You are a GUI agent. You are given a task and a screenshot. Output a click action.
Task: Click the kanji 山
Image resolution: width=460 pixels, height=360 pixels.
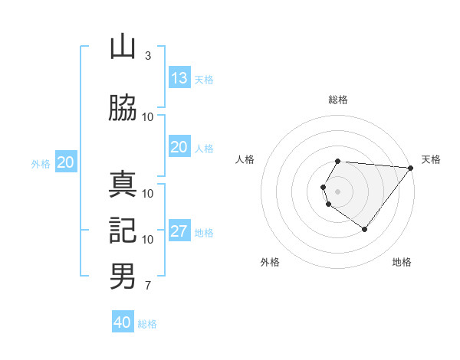click(123, 47)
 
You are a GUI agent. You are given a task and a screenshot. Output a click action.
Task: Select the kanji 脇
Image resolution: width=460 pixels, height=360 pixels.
click(123, 107)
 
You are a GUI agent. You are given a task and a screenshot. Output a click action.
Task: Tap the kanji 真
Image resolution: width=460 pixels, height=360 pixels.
click(123, 184)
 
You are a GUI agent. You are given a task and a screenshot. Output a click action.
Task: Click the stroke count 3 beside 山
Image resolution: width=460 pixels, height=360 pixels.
click(147, 56)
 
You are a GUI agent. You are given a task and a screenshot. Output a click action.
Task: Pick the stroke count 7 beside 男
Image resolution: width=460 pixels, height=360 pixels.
click(147, 286)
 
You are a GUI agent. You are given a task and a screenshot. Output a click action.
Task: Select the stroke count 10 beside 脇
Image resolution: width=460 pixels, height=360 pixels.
click(147, 116)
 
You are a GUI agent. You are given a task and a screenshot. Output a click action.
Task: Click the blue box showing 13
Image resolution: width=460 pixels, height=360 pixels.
click(179, 78)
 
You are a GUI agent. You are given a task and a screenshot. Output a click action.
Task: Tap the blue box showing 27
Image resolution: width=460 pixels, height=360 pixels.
click(179, 231)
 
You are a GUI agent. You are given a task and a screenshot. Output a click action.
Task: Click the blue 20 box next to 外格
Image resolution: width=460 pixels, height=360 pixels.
click(66, 162)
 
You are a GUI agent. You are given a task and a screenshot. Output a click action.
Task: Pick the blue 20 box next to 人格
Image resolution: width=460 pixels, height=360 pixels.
click(179, 147)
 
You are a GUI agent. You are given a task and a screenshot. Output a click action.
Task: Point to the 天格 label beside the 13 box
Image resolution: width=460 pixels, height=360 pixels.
click(204, 80)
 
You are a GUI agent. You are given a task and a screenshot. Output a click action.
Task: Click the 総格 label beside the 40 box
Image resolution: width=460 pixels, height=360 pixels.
click(147, 324)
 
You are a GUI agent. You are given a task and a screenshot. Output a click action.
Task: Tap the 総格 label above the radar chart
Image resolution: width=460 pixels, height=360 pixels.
click(338, 100)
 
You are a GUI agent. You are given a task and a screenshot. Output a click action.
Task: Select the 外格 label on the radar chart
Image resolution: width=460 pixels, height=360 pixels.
click(270, 263)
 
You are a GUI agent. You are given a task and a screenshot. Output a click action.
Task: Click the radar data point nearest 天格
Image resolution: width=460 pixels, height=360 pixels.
click(411, 168)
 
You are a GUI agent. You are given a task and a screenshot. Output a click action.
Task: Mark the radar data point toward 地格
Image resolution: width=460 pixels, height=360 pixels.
click(364, 229)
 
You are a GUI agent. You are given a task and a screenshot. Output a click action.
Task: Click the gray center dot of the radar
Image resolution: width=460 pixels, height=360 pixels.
click(338, 191)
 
